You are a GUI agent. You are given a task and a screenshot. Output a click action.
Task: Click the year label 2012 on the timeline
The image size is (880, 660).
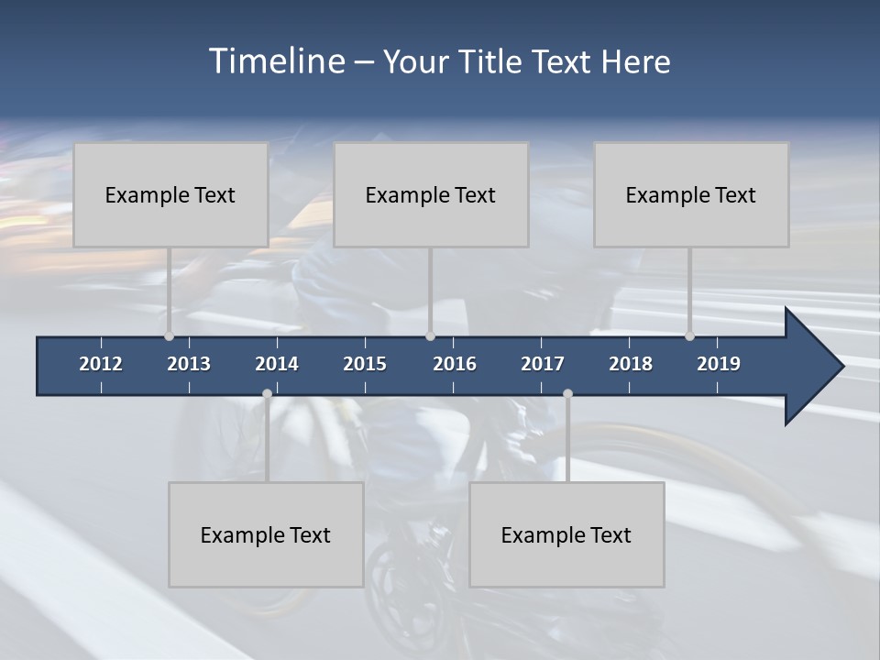coord(101,364)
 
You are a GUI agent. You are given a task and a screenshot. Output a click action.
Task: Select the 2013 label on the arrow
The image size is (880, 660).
coord(189,364)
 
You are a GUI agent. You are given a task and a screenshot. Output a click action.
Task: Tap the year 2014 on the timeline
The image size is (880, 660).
coord(277,364)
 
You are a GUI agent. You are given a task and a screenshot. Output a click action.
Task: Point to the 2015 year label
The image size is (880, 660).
coord(365,364)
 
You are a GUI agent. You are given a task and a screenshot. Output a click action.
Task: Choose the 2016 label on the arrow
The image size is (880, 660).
coord(455,364)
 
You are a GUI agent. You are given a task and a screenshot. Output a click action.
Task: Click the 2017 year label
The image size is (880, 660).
coord(543,364)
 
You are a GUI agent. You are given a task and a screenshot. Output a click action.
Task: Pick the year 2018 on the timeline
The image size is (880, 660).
coord(631,364)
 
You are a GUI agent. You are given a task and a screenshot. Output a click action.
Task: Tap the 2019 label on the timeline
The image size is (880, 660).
coord(719,364)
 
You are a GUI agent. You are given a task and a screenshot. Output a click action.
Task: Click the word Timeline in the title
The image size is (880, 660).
coord(276,61)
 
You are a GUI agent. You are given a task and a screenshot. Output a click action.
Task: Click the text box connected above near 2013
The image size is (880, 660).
coord(170,194)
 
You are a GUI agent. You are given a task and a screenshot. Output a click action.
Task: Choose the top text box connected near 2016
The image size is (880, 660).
coord(431,194)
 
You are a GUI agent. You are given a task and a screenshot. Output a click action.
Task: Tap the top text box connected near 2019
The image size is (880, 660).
coord(691,194)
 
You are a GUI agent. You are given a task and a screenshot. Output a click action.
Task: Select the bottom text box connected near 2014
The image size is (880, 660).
coord(266,534)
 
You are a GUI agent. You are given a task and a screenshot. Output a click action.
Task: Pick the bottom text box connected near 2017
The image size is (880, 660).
coord(566,534)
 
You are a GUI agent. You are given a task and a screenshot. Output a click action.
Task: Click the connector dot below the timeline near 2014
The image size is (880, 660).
coord(267,394)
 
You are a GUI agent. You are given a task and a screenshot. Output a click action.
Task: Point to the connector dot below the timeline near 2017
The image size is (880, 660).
coord(567,394)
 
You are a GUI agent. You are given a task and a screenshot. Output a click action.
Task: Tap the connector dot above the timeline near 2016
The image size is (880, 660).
coord(430,336)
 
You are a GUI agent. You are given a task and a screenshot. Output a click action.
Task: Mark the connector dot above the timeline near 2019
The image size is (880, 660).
coord(689,336)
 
